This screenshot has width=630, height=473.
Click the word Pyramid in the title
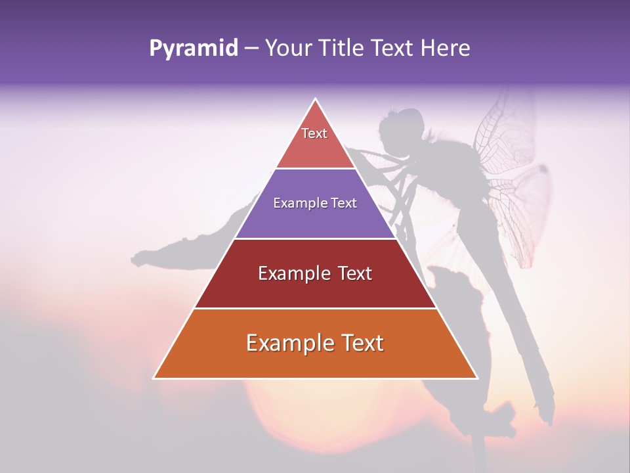pyautogui.click(x=193, y=49)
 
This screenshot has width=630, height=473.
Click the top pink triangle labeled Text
pyautogui.click(x=315, y=141)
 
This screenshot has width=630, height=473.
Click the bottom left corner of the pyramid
pyautogui.click(x=155, y=378)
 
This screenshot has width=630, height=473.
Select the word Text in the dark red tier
pyautogui.click(x=351, y=273)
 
